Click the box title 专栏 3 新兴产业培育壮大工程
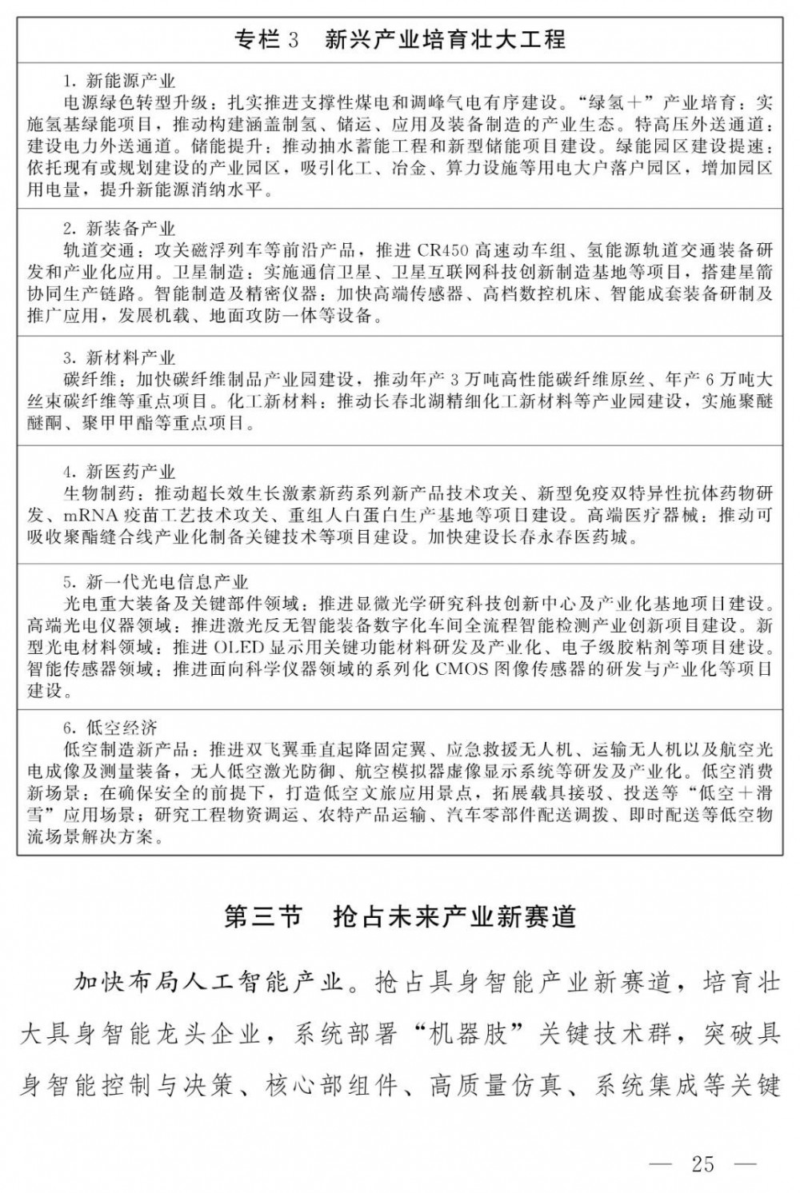point(399,38)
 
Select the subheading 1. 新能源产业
point(119,81)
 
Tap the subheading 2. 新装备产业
point(119,229)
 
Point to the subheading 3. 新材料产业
point(119,357)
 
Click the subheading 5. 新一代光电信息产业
point(156,582)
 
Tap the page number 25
point(702,1163)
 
